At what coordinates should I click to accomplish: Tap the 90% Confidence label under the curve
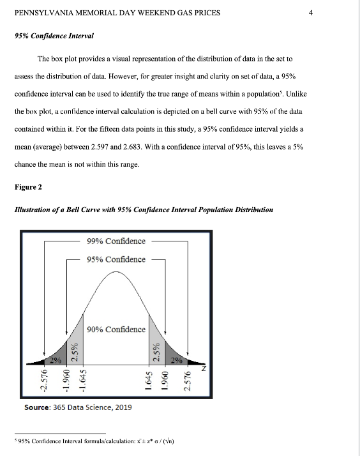(116, 330)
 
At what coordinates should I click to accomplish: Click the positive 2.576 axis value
(188, 385)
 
